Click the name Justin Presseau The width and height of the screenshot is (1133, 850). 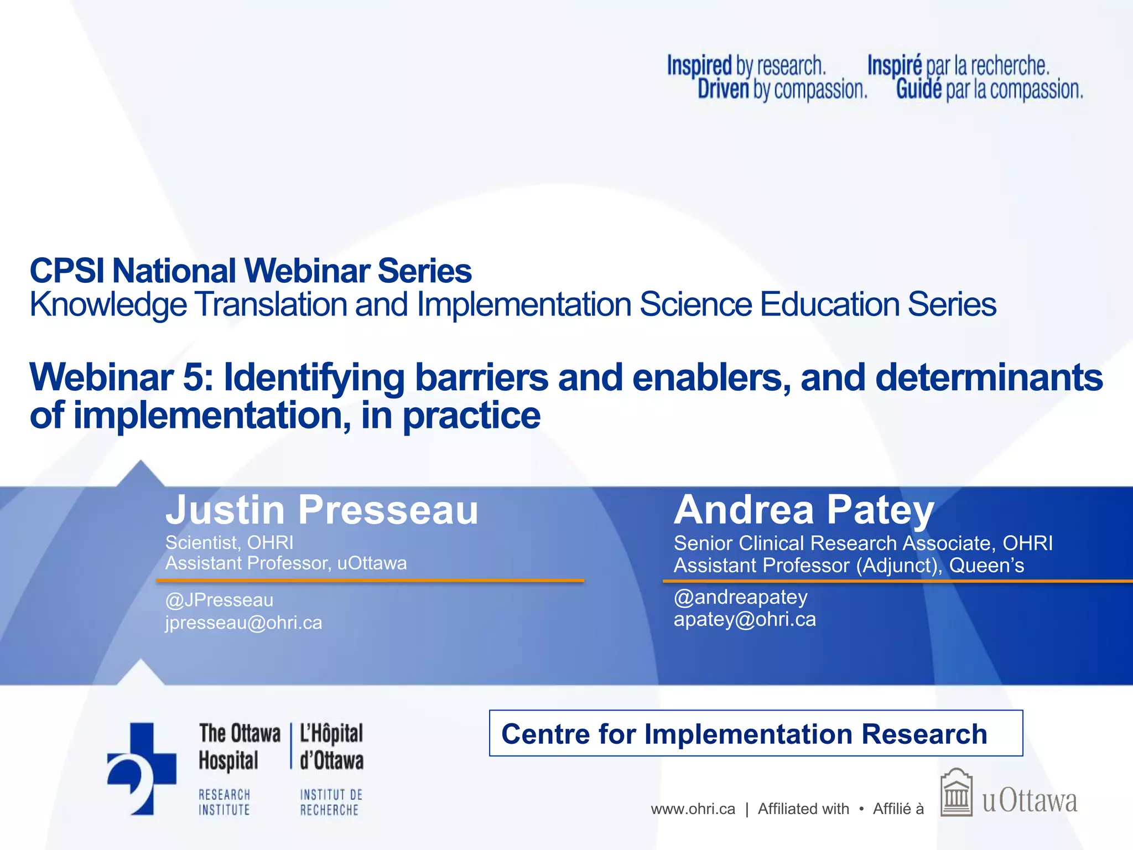[321, 510]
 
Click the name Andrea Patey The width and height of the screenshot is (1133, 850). [804, 510]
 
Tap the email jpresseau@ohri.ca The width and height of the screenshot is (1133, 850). [243, 623]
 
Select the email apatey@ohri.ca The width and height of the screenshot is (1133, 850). [745, 619]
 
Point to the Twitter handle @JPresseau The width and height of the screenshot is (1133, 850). [219, 600]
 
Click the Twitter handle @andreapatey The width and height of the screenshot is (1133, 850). [740, 597]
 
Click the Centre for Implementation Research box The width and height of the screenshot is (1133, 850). [756, 734]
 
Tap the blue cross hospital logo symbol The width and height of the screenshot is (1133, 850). [142, 768]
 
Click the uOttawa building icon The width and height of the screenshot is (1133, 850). [956, 792]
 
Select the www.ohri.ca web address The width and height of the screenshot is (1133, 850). [693, 809]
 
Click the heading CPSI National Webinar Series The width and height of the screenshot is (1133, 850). [251, 271]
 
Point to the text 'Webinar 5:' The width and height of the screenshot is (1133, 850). [121, 377]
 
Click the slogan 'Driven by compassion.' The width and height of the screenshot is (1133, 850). [782, 90]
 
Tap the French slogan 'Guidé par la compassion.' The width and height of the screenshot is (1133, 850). [989, 90]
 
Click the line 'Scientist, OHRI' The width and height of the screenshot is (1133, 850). [229, 542]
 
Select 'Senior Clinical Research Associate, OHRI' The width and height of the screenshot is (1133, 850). [863, 543]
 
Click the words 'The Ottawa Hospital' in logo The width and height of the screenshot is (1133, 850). [239, 747]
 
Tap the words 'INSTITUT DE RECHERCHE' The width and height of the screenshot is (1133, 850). [331, 802]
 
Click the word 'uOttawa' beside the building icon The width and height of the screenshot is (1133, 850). [1030, 801]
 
